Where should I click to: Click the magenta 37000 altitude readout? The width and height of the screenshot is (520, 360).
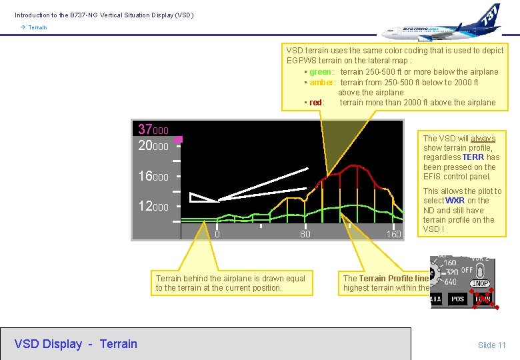pyautogui.click(x=153, y=129)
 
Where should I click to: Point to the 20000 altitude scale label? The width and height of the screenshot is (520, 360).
pyautogui.click(x=153, y=145)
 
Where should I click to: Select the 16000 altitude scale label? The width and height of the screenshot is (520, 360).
pyautogui.click(x=153, y=177)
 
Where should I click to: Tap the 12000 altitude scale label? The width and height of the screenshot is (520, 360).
pyautogui.click(x=153, y=207)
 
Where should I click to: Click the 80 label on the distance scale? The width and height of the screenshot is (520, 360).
pyautogui.click(x=305, y=234)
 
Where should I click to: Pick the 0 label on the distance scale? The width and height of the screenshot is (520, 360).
pyautogui.click(x=217, y=234)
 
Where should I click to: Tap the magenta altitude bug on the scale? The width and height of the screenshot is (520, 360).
pyautogui.click(x=177, y=140)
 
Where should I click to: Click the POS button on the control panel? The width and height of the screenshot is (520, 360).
pyautogui.click(x=457, y=299)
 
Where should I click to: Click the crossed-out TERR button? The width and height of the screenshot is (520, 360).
pyautogui.click(x=483, y=298)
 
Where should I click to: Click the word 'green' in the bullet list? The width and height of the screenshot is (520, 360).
pyautogui.click(x=320, y=72)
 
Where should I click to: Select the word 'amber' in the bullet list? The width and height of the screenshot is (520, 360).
pyautogui.click(x=321, y=82)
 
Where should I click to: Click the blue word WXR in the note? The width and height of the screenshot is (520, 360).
pyautogui.click(x=455, y=201)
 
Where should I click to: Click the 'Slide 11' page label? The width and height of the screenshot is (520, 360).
pyautogui.click(x=491, y=345)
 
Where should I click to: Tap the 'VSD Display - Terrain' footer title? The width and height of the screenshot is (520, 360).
pyautogui.click(x=75, y=344)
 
